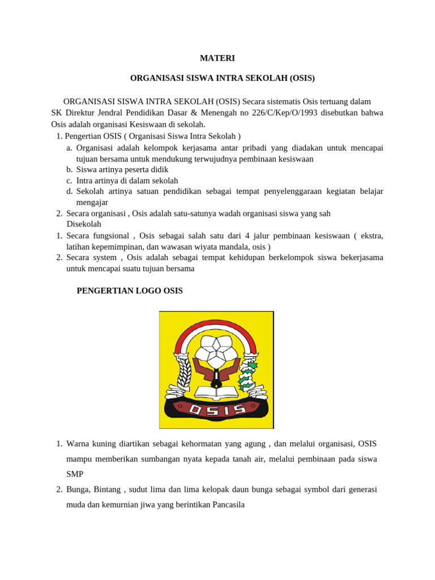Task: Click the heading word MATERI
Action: [x=217, y=58]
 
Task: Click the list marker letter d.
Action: [x=69, y=191]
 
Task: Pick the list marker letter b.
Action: [x=69, y=169]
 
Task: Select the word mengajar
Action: [x=92, y=202]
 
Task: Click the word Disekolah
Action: [x=84, y=224]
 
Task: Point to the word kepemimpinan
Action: [x=117, y=246]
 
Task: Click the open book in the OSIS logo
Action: [x=216, y=391]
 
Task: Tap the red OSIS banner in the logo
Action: [x=217, y=409]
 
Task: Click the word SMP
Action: [x=75, y=474]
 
